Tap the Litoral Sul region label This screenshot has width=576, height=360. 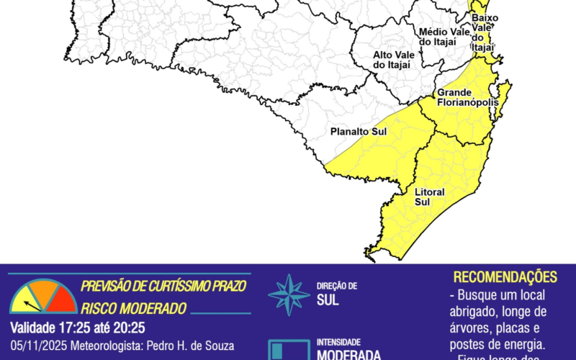pos(430,197)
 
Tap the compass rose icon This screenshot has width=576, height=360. pos(289,294)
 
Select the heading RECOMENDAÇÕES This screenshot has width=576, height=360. pos(505,277)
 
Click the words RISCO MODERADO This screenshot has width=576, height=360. pos(134,308)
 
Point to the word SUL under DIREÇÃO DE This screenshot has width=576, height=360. pos(328,300)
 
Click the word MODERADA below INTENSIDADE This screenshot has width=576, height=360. pos(348,354)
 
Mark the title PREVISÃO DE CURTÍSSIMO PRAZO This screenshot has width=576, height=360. pos(163,286)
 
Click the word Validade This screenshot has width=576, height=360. pos(35,328)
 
